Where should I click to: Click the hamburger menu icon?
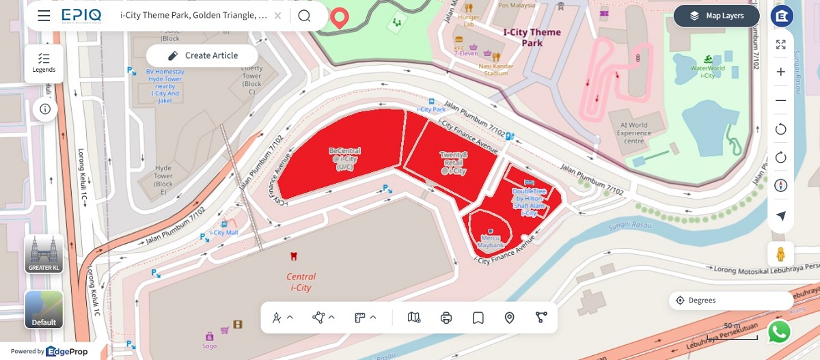pos(44,16)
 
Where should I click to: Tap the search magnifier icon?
pos(304,16)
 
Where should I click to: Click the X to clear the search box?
pos(277,16)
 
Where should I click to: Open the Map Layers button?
pos(717,16)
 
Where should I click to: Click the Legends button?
pos(44,63)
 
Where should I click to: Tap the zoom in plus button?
pos(781,72)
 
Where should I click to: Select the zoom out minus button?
pos(781,100)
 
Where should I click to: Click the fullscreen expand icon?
pos(781,44)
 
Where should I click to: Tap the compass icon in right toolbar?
pos(781,186)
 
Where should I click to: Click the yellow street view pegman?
pos(781,253)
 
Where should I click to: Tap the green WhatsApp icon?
pos(779,332)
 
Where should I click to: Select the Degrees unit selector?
pos(730,301)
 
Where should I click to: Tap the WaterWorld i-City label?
pos(707,71)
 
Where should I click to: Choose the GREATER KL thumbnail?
pos(44,253)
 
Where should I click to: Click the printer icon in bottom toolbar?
pos(446,318)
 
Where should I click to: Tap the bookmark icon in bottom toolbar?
pos(478,318)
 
